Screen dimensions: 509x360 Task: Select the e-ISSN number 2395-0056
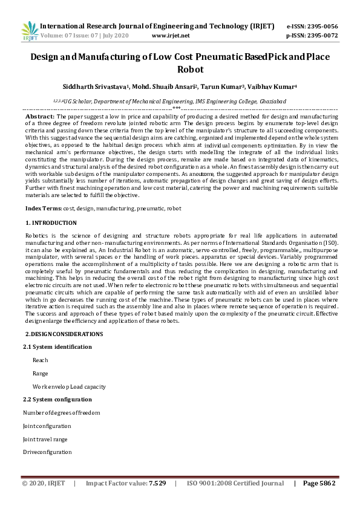click(x=326, y=27)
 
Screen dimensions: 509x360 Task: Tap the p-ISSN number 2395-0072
click(x=326, y=36)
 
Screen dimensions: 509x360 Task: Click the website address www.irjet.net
click(x=171, y=36)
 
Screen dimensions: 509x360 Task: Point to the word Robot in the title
click(x=180, y=70)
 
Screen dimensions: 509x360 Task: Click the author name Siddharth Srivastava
click(x=94, y=87)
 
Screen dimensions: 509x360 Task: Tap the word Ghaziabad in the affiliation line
click(x=270, y=102)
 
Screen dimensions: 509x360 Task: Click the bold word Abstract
click(x=39, y=115)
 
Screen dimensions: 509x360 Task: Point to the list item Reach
click(x=41, y=360)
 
